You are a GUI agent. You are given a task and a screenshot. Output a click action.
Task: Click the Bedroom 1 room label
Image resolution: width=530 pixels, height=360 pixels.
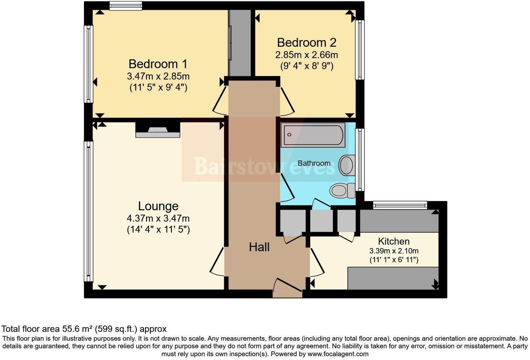click(x=158, y=64)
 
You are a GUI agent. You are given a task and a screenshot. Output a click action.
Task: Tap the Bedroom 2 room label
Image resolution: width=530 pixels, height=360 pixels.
click(x=306, y=43)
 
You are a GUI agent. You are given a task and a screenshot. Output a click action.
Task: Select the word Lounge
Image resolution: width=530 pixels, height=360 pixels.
click(x=158, y=206)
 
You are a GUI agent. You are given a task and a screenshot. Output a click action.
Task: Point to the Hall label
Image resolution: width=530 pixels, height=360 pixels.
click(x=259, y=247)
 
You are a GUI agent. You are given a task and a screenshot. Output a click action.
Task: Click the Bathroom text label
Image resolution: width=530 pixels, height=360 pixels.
click(x=314, y=163)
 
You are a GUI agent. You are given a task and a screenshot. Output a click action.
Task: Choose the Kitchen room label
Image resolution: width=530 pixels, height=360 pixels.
click(x=394, y=241)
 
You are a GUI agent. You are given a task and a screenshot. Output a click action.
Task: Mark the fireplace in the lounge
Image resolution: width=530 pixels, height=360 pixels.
click(x=158, y=130)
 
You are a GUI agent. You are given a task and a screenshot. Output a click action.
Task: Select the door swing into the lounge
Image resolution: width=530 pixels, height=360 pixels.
click(x=217, y=262)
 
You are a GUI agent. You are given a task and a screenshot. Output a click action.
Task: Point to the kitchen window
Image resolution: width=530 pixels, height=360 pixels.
click(x=400, y=205)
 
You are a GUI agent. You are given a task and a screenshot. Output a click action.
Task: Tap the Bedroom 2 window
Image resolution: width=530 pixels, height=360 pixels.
click(x=360, y=50)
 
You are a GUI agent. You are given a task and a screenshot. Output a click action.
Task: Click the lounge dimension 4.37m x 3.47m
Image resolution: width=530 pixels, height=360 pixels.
click(x=158, y=219)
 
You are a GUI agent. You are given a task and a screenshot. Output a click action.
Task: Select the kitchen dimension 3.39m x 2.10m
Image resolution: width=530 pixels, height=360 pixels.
click(x=394, y=251)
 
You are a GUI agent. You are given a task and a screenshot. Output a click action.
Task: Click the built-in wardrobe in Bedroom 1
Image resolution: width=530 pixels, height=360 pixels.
click(x=240, y=43)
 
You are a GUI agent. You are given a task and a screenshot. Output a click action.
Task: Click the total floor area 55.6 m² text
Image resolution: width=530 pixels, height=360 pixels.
click(x=84, y=329)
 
